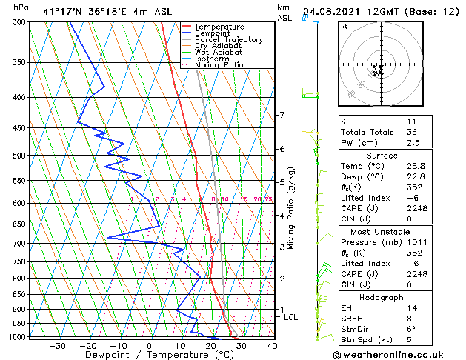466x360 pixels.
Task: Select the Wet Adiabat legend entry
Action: [x=219, y=52]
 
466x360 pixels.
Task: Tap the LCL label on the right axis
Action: [x=291, y=317]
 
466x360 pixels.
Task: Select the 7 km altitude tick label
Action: [x=282, y=115]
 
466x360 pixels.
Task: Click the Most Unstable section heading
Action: [x=391, y=232]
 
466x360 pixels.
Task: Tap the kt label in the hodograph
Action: [x=344, y=27]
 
